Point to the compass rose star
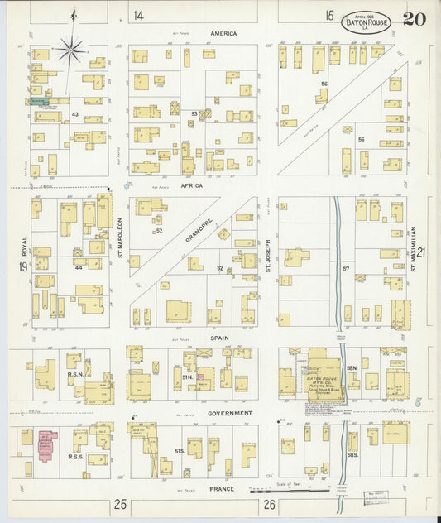[x=72, y=49]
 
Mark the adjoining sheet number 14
[x=138, y=15]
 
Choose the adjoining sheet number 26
[x=269, y=504]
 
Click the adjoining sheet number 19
[x=22, y=266]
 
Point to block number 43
[x=74, y=114]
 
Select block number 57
[x=347, y=270]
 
